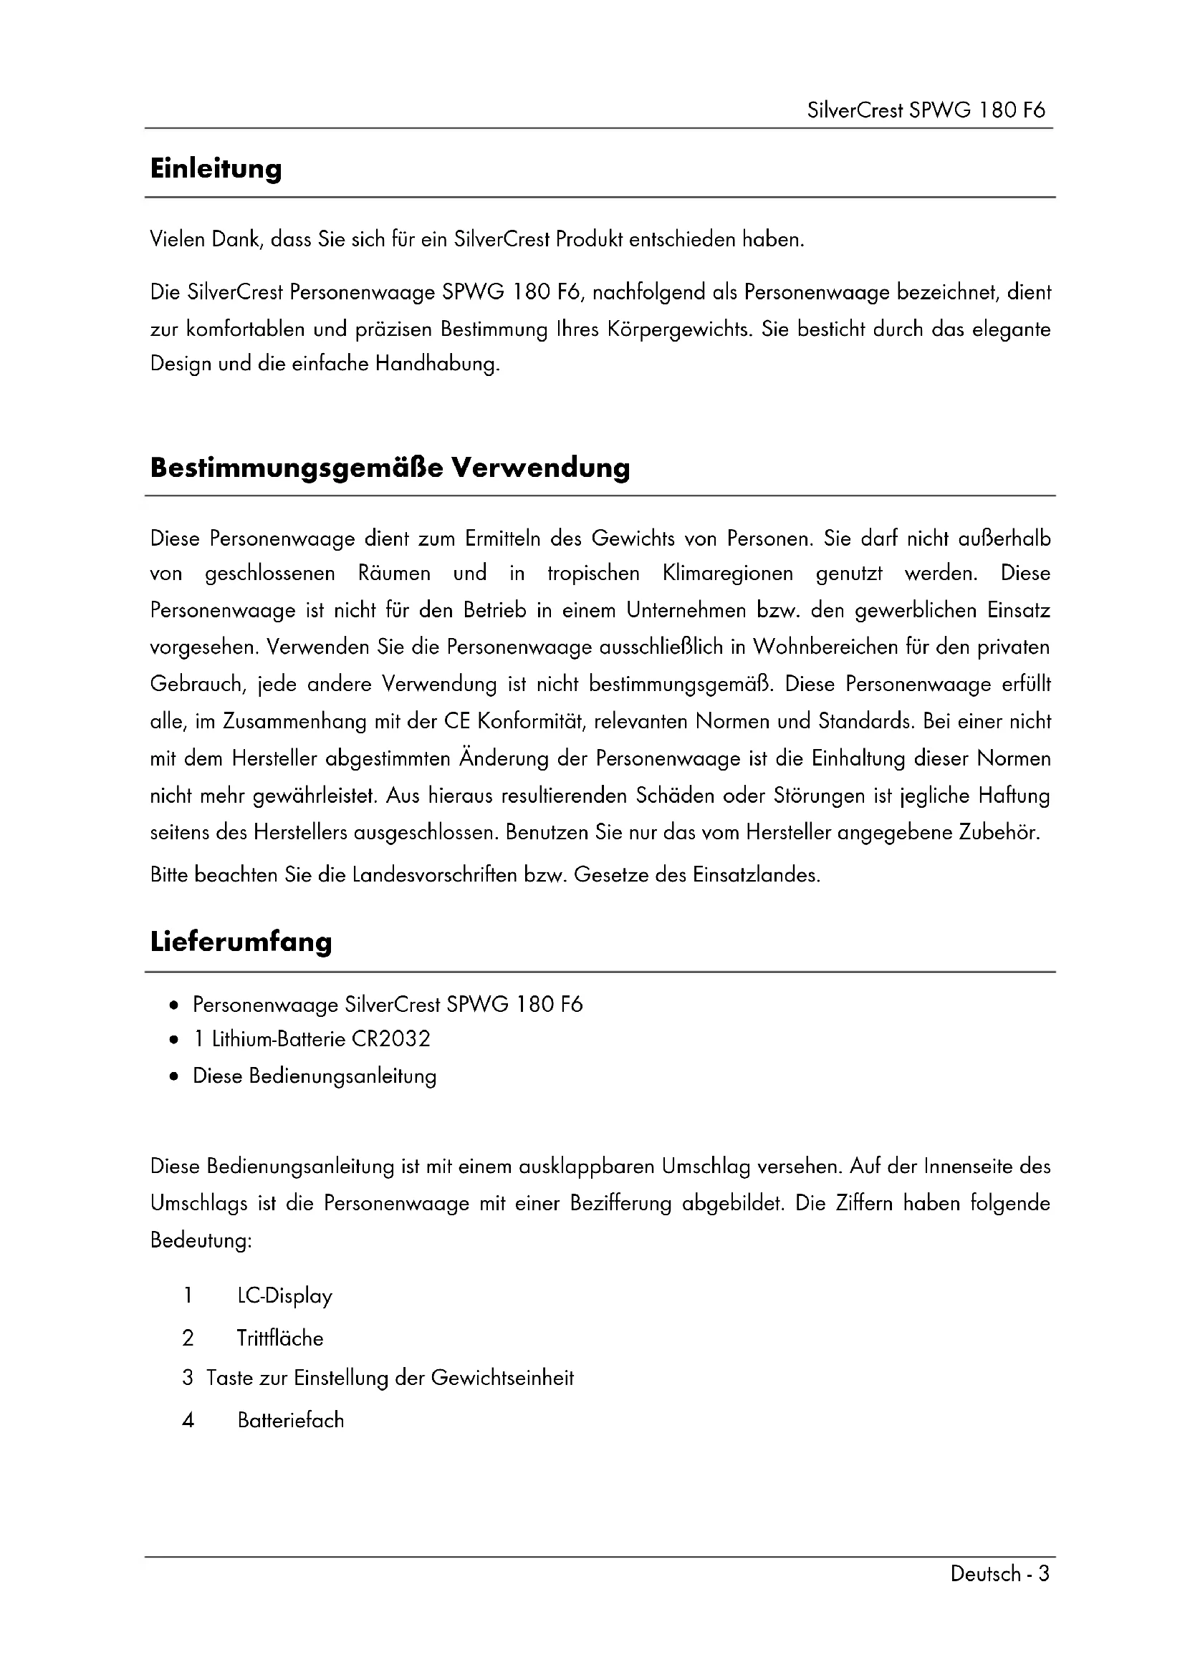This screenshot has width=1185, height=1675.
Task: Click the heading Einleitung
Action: (x=216, y=168)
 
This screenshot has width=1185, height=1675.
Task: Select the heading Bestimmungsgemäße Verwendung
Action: (x=390, y=468)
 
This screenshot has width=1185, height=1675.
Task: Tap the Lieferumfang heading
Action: (x=241, y=942)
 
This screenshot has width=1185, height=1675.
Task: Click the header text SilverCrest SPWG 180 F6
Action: (x=926, y=110)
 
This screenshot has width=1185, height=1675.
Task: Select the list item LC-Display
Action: (x=284, y=1296)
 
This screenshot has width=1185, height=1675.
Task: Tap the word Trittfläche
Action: (x=280, y=1338)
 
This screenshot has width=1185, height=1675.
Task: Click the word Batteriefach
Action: (x=290, y=1420)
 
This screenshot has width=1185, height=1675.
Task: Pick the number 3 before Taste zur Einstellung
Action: (x=188, y=1378)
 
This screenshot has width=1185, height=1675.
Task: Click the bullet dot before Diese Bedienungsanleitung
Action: (x=173, y=1077)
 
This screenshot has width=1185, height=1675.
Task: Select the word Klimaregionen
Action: (x=727, y=574)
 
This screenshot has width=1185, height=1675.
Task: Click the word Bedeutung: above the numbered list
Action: (x=201, y=1240)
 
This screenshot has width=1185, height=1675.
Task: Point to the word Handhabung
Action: (x=437, y=364)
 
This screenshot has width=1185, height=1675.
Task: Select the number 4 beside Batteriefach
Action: (x=188, y=1420)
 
